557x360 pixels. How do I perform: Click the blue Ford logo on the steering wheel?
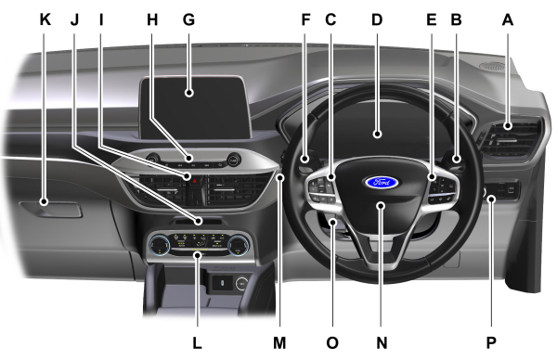pos(382,183)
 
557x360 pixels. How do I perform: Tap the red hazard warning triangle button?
pos(196,182)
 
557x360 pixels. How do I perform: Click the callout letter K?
pos(45,19)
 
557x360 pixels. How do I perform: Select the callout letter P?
pos(491,343)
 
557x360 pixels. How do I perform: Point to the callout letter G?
pos(188,19)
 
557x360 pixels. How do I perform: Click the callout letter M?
pos(279,343)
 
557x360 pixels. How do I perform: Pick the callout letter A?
pos(508,19)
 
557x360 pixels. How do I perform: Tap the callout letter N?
pos(382,343)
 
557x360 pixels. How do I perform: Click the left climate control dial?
pos(160,245)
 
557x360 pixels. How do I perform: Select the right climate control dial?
pos(238,245)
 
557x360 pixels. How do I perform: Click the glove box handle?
pos(50,209)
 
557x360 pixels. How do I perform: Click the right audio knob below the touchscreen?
pos(233,160)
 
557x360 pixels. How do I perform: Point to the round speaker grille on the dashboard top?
pos(492,66)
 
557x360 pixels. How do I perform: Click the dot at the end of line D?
pos(377,135)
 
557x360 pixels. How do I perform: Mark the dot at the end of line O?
pos(333,223)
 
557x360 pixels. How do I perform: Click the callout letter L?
pos(197,343)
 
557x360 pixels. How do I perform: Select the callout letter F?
pos(305,19)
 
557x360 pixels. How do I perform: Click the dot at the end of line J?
pos(199,222)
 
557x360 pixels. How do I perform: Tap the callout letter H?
pos(152,19)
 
